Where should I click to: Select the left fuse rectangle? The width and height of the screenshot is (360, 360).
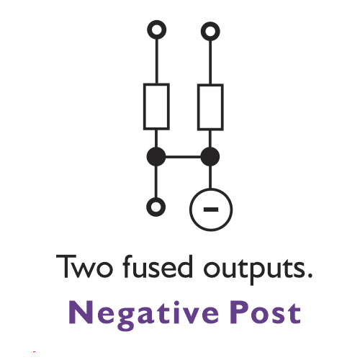pos(145,107)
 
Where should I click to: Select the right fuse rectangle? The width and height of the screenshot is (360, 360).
pos(199,107)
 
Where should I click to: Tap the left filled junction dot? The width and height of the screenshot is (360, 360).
pos(156,157)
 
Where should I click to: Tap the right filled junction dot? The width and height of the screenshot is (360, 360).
pos(210,157)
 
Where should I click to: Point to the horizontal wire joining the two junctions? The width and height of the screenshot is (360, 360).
pos(183,157)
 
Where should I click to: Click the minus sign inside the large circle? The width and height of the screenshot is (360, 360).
pos(211,210)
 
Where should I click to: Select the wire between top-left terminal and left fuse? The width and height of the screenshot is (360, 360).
pos(157,61)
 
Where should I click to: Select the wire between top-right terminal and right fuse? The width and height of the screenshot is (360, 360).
pos(210,62)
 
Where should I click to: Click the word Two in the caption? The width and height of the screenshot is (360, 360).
pos(84,266)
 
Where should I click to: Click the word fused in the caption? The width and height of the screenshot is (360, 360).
pos(158,266)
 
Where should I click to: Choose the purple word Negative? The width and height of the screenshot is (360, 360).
pos(144,315)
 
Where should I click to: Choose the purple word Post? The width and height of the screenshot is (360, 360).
pos(266,312)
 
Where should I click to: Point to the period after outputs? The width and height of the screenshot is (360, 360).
pos(310,275)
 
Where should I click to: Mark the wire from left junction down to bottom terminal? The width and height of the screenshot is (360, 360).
pos(156,181)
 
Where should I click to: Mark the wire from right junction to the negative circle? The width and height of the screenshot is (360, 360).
pos(210,177)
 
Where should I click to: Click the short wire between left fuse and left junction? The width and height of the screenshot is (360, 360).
pos(156,139)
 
